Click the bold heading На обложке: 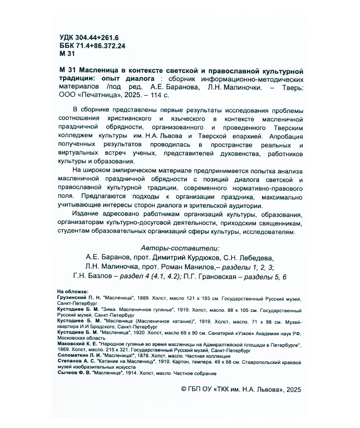tap(73, 291)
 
